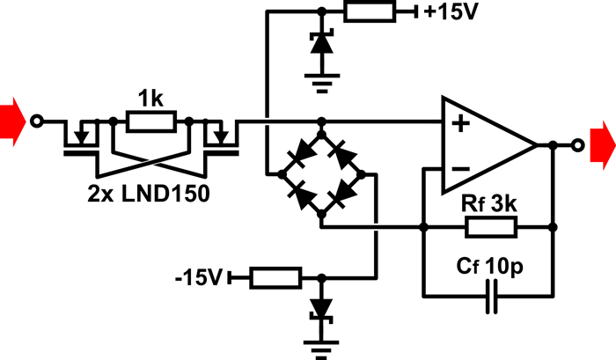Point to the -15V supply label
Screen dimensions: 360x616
pyautogui.click(x=200, y=278)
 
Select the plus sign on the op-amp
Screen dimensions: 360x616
pyautogui.click(x=458, y=125)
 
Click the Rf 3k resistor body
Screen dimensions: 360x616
pyautogui.click(x=490, y=226)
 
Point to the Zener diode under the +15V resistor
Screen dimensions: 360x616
pyautogui.click(x=322, y=48)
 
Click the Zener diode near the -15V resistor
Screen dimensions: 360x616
pyautogui.click(x=322, y=308)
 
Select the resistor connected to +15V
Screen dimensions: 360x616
pyautogui.click(x=370, y=12)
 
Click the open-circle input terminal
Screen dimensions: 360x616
pyautogui.click(x=35, y=121)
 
